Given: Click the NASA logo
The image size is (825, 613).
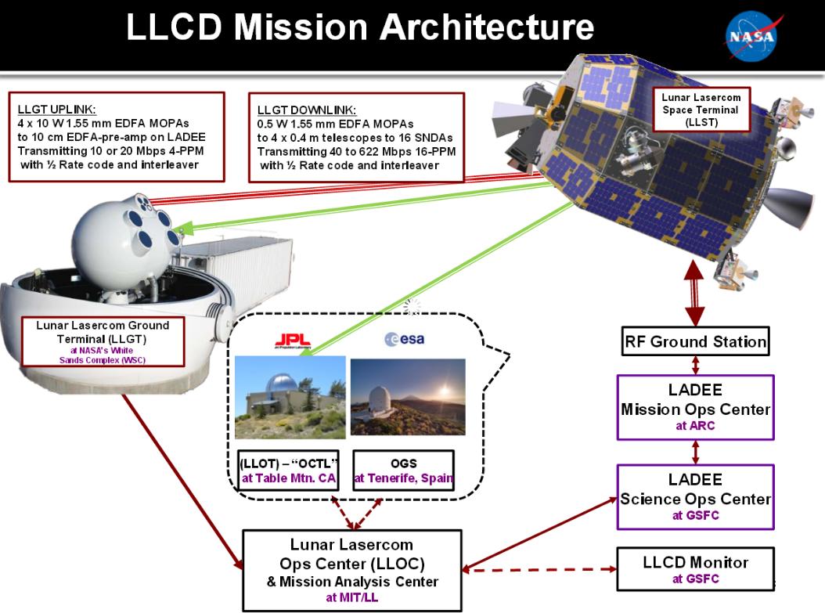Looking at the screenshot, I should click(751, 36).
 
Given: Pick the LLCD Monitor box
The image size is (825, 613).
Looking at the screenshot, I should click(695, 568).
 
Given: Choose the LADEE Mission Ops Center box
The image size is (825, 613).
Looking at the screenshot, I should click(695, 408).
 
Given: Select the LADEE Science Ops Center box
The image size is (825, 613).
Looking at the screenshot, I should click(695, 497).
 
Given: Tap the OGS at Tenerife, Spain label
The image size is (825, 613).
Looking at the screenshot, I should click(403, 470).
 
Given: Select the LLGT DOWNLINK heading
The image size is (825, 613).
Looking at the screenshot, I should click(306, 110).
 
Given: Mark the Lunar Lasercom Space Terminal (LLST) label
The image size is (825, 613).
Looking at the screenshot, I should click(701, 110).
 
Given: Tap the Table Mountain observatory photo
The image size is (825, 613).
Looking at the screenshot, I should click(290, 398).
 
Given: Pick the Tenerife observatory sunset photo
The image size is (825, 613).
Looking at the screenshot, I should click(407, 398).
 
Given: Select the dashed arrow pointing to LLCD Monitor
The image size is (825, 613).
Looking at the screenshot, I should click(539, 569).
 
